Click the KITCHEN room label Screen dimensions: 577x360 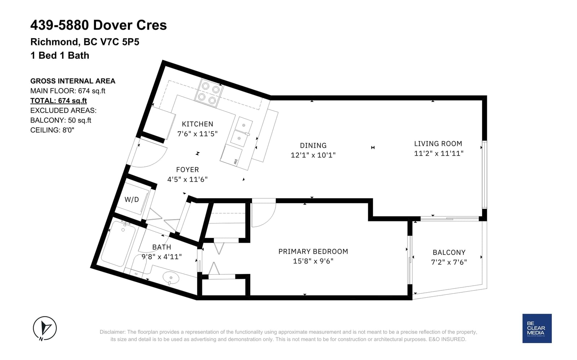(x=197, y=124)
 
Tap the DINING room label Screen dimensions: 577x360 (x=313, y=146)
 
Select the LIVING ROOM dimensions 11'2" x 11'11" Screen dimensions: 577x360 (x=439, y=154)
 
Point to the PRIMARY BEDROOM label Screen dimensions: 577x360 (x=313, y=252)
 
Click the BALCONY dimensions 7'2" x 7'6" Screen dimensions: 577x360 (x=449, y=262)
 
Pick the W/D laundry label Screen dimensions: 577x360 (x=132, y=199)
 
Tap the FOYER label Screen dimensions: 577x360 (x=188, y=170)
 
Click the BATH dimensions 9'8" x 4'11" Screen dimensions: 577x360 (x=162, y=257)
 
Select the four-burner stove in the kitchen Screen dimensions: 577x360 (x=209, y=93)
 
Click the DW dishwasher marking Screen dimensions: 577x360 (x=235, y=161)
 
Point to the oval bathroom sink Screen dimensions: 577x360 (x=171, y=277)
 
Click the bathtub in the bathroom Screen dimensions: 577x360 (x=118, y=244)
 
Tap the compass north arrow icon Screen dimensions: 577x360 (x=45, y=328)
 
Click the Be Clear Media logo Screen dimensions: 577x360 (x=537, y=328)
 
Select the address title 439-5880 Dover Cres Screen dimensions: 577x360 (x=99, y=25)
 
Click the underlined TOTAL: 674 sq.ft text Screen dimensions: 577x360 (x=58, y=101)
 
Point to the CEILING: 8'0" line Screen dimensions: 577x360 (x=52, y=130)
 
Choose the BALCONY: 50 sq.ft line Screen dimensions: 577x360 (x=61, y=120)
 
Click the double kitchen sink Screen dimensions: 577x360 (x=241, y=132)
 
